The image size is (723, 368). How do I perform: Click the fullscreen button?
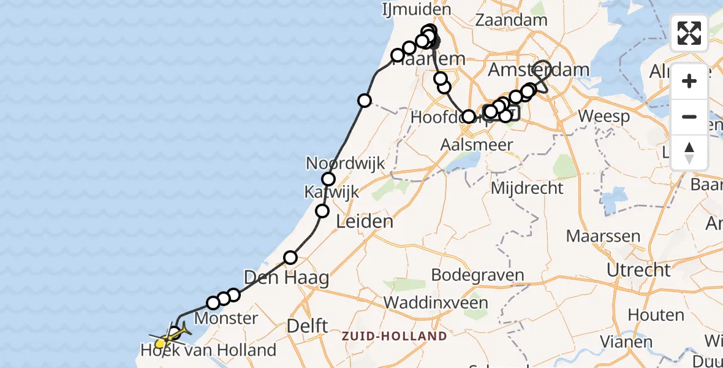[x=689, y=33]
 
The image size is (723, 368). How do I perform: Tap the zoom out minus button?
[x=689, y=117]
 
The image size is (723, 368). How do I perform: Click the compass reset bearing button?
[x=689, y=152]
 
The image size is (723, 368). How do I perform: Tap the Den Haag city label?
[x=287, y=278]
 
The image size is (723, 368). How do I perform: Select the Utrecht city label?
[x=638, y=270]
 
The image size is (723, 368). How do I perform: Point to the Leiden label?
[x=365, y=221]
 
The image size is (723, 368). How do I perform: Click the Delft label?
[x=307, y=326]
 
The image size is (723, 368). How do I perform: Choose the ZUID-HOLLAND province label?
[x=394, y=336]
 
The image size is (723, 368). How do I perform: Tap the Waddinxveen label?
[x=436, y=302]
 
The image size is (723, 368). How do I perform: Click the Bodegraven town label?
[x=477, y=274]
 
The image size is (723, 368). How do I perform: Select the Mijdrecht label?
[x=527, y=188]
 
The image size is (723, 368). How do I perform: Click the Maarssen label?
[x=594, y=236]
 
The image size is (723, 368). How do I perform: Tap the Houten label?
[x=656, y=315]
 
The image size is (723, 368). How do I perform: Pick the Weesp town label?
[x=604, y=117]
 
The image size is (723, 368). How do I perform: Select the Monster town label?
[x=226, y=318]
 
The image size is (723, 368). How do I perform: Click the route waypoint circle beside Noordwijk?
[x=328, y=179]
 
